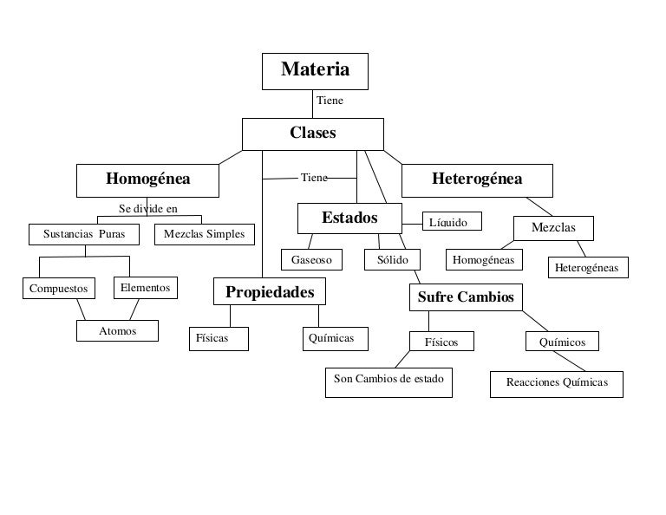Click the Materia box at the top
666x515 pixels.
(x=315, y=70)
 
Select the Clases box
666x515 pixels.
(x=312, y=134)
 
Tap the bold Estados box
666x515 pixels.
(x=349, y=218)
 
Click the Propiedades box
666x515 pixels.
(x=270, y=292)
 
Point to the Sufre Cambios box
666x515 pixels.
(x=466, y=297)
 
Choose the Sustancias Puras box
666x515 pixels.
(x=84, y=234)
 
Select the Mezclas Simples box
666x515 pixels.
(x=204, y=234)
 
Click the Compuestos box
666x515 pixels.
(x=59, y=288)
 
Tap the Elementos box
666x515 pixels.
(x=146, y=287)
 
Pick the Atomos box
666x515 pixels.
(x=118, y=330)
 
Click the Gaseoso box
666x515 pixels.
(x=312, y=260)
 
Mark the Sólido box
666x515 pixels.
(x=392, y=260)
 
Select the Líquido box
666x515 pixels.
(x=451, y=223)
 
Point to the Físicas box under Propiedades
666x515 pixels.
(x=219, y=338)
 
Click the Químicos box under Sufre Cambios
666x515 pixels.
(x=562, y=342)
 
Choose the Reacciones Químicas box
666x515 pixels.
(x=557, y=383)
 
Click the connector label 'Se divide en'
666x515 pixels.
(x=147, y=208)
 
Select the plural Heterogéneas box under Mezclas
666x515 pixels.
(x=587, y=268)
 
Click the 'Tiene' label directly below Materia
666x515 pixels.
(x=330, y=101)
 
